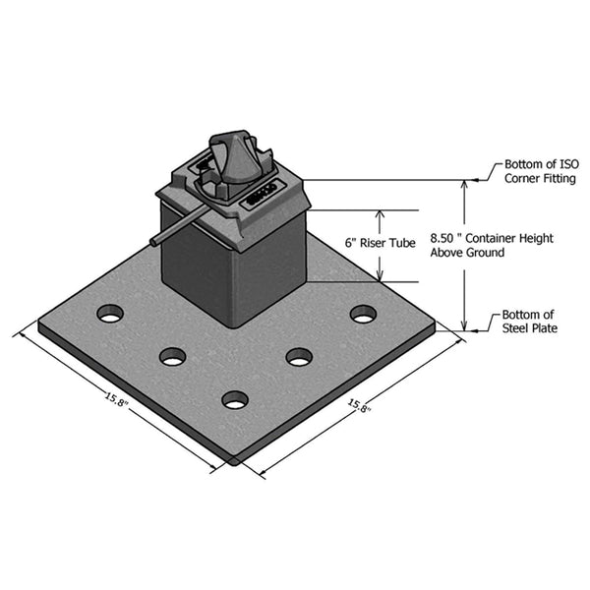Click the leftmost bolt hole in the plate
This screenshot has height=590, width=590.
click(110, 314)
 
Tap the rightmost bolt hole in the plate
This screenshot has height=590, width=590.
click(363, 314)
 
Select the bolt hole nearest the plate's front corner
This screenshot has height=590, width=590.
click(234, 399)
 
